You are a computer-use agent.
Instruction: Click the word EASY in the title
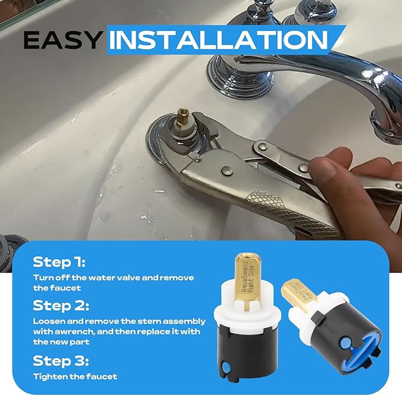[62, 40]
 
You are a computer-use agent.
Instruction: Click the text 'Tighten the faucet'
[75, 376]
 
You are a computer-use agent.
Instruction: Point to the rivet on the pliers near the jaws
[227, 171]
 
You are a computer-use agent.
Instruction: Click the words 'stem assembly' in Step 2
[176, 321]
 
